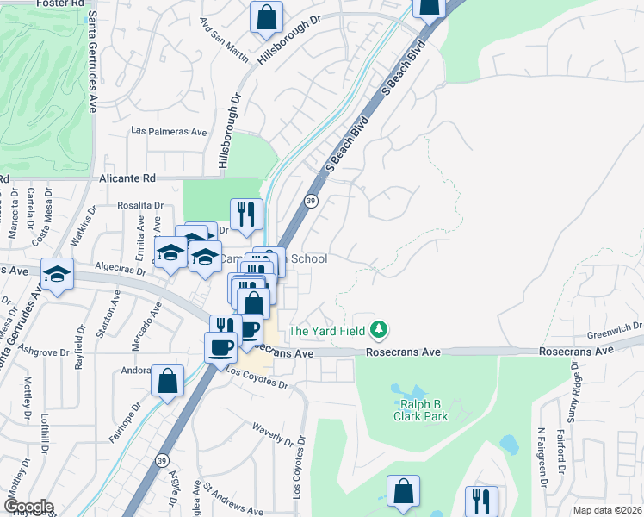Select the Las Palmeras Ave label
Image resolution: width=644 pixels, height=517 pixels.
click(x=169, y=132)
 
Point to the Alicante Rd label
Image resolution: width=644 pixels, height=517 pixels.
click(x=126, y=178)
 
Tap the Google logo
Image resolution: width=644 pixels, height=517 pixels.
click(x=28, y=507)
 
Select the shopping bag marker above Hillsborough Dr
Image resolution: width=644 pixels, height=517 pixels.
click(x=267, y=16)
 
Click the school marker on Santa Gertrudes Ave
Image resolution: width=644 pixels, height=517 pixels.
click(x=57, y=275)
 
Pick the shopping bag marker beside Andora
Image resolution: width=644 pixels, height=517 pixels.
click(x=167, y=380)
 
